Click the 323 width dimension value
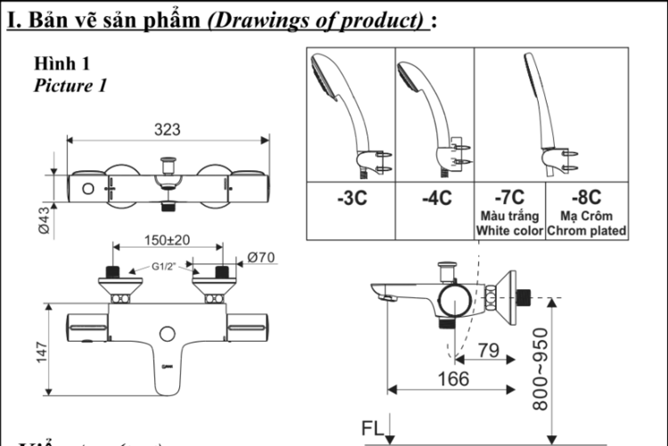167,130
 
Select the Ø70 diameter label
261,257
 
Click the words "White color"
509,230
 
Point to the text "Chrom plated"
586,230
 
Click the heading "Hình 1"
62,65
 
